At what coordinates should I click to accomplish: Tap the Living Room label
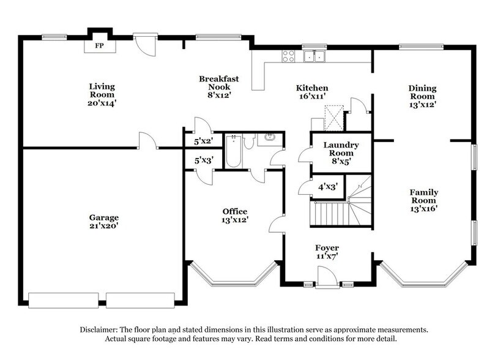pyautogui.click(x=102, y=95)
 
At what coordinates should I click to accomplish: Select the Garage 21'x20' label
pyautogui.click(x=103, y=221)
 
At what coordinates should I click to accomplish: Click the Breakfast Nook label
pyautogui.click(x=218, y=86)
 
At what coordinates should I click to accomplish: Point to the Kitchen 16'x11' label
pyautogui.click(x=312, y=92)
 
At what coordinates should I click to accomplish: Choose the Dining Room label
pyautogui.click(x=422, y=96)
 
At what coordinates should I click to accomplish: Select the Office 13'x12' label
pyautogui.click(x=235, y=216)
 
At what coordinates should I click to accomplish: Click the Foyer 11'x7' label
pyautogui.click(x=327, y=252)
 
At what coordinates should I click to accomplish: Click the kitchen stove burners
pyautogui.click(x=288, y=56)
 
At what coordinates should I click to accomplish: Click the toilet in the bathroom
pyautogui.click(x=248, y=141)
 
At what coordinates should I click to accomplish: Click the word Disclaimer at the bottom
pyautogui.click(x=99, y=329)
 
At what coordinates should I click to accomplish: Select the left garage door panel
pyautogui.click(x=63, y=300)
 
